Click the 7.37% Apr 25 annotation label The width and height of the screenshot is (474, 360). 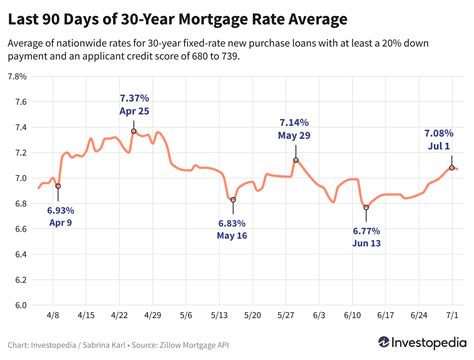coord(134,104)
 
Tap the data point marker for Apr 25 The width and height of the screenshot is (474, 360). coord(134,131)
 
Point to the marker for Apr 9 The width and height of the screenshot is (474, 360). coord(58,186)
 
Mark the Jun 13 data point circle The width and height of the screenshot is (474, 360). coord(367,207)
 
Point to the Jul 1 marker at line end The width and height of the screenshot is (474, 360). coord(452,168)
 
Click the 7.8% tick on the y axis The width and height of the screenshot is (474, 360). coord(17,76)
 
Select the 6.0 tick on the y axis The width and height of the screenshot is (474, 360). coord(20,306)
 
